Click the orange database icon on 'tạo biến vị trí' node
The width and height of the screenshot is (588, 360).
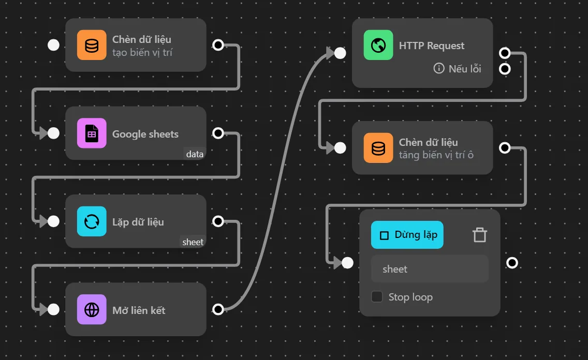pyautogui.click(x=92, y=45)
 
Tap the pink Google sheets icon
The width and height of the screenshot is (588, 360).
pyautogui.click(x=92, y=133)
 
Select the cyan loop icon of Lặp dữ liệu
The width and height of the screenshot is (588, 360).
pyautogui.click(x=92, y=221)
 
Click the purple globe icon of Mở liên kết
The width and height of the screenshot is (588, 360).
pyautogui.click(x=92, y=309)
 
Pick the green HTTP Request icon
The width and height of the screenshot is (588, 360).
pyautogui.click(x=378, y=45)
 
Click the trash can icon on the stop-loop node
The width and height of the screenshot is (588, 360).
pyautogui.click(x=480, y=235)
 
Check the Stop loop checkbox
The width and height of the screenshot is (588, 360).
pyautogui.click(x=377, y=297)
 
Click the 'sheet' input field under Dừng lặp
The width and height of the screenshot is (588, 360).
pyautogui.click(x=430, y=269)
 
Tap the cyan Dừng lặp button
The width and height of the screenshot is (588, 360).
pyautogui.click(x=407, y=235)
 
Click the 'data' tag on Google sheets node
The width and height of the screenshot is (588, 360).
pyautogui.click(x=195, y=154)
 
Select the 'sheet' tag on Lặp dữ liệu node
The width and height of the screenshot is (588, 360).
pyautogui.click(x=193, y=242)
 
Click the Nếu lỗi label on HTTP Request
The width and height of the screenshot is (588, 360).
pyautogui.click(x=458, y=69)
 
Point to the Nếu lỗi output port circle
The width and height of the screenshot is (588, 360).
pyautogui.click(x=505, y=69)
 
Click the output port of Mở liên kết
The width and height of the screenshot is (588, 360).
pyautogui.click(x=218, y=309)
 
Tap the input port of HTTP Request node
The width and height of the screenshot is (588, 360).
pyautogui.click(x=340, y=53)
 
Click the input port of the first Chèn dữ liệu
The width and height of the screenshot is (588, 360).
pyautogui.click(x=53, y=45)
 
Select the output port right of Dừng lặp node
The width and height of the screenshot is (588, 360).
pyautogui.click(x=512, y=263)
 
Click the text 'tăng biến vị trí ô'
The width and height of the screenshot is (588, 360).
pyautogui.click(x=436, y=155)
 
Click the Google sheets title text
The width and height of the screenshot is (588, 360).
pyautogui.click(x=145, y=134)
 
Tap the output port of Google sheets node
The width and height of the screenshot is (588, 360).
pyautogui.click(x=218, y=133)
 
